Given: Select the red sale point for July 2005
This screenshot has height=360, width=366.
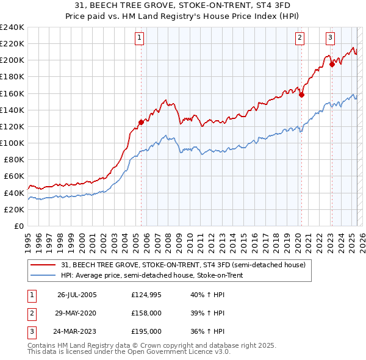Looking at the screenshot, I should [141, 122].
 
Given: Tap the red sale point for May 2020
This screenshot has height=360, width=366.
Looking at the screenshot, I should [301, 95].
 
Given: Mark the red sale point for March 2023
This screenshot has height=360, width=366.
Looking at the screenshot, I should [332, 64].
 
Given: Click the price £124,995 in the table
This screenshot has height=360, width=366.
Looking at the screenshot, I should [146, 294].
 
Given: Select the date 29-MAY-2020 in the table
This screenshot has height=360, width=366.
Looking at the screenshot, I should [77, 313].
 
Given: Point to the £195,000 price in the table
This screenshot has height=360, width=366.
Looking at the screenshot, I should [146, 331].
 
